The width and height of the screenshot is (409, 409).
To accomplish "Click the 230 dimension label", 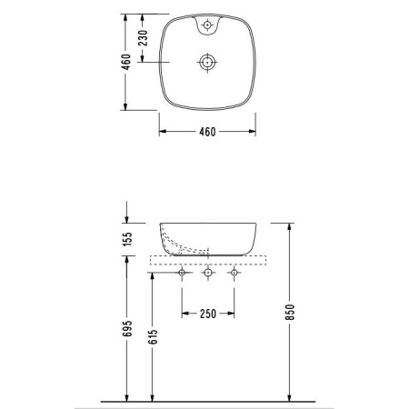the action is pos(143,38).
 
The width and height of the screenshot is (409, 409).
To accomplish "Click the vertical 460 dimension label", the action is pos(126,62).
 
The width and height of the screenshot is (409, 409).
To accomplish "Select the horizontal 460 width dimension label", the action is pos(207,132).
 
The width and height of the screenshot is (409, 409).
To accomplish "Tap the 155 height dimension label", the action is pos(128,239).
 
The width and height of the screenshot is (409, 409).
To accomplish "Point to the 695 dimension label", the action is pos(128,328).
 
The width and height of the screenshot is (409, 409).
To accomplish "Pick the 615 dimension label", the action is pos(153,336).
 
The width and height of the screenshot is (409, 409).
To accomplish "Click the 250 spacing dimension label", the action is pos(208,314).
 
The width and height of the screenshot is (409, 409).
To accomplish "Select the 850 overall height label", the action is pos(290,312).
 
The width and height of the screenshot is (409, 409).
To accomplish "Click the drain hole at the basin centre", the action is pos(207,62).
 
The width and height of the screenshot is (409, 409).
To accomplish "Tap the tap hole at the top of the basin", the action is pos(207,25).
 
